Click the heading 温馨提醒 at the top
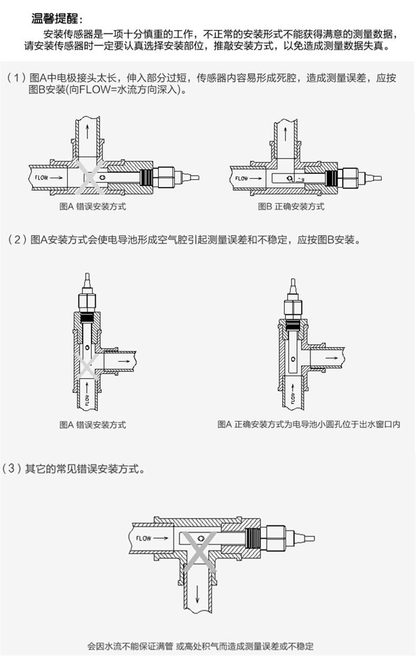coord(55,18)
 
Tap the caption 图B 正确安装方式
coord(291,206)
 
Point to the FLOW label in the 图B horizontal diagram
coord(242,178)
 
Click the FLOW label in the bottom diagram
coord(144,538)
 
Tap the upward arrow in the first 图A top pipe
coord(87,132)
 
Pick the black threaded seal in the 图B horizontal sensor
coord(331,178)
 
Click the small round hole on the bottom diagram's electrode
coord(201,538)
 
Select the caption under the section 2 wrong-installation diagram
coord(93,425)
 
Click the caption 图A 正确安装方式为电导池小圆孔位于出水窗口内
coord(309,424)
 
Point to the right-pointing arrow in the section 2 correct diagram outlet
coord(331,358)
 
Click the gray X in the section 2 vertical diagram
coord(87,366)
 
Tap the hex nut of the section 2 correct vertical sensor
coord(293,306)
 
